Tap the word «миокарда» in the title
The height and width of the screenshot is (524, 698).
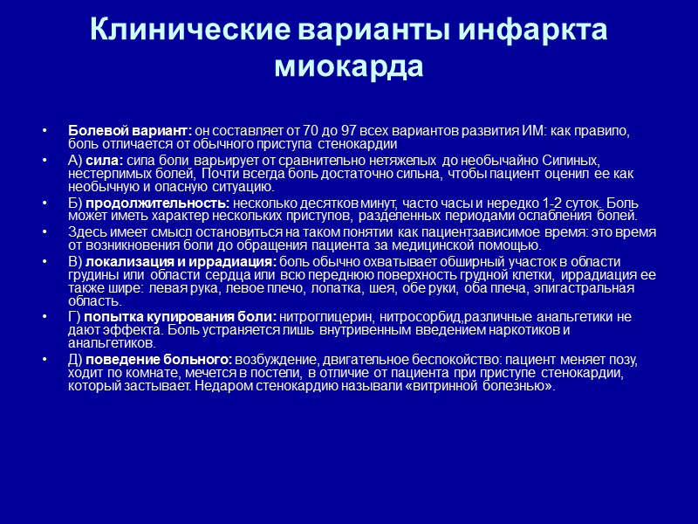349,66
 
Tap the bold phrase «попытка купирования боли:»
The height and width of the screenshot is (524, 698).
178,317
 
